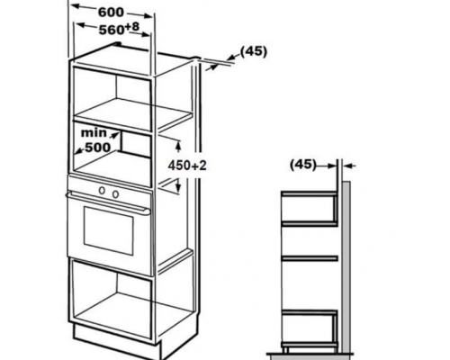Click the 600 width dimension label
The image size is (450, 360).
point(111,13)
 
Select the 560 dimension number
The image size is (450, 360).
point(112,30)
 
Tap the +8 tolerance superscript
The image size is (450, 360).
point(132,27)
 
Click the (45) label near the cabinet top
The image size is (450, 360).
point(254,51)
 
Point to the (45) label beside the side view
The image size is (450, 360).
point(303,164)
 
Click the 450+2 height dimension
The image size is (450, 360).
point(187,166)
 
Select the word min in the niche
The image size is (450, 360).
point(94,132)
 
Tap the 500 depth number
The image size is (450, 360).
point(98,148)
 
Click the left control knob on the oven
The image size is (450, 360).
point(102,190)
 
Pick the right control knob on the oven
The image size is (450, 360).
point(115,194)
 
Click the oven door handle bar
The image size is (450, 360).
point(108,202)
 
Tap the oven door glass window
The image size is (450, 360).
point(108,230)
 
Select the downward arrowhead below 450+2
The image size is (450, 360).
point(178,186)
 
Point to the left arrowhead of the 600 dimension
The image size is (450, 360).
point(76,6)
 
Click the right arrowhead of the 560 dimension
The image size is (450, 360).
point(145,33)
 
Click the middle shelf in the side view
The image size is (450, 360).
point(310,258)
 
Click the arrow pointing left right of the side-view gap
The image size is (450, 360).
point(349,166)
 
